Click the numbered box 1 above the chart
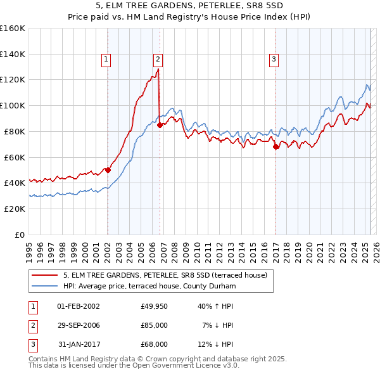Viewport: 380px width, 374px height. point(106,60)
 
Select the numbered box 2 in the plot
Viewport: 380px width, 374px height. point(158,60)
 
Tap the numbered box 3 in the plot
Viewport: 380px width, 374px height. point(274,60)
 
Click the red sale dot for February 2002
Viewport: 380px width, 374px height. point(108,170)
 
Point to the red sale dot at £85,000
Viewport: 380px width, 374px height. point(160,125)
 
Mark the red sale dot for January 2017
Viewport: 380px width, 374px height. point(275,146)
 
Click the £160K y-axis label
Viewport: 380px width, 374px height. point(13,29)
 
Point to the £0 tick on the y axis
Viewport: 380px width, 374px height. point(20,235)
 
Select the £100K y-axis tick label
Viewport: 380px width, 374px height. point(13,106)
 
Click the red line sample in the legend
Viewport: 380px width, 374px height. point(45,275)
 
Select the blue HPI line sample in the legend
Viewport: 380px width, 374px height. point(45,286)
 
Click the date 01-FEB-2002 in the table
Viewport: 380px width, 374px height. point(78,306)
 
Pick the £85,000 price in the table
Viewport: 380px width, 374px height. point(155,325)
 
